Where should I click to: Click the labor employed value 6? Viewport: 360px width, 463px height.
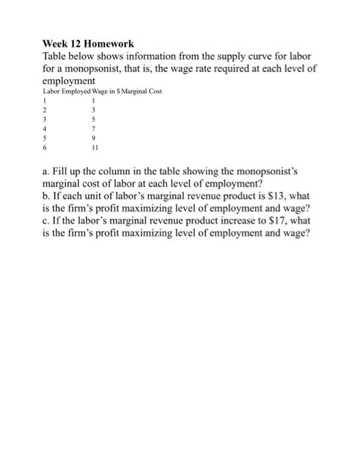[45, 149]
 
